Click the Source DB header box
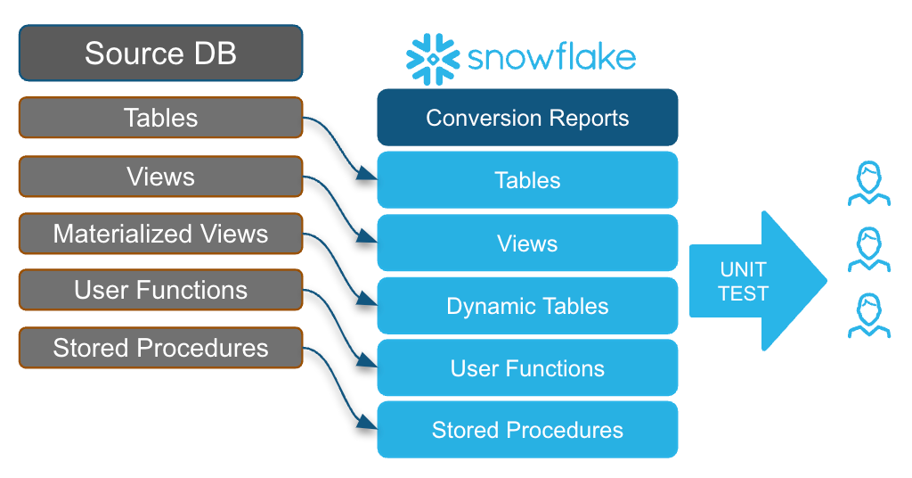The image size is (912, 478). pyautogui.click(x=160, y=53)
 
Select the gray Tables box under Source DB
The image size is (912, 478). pyautogui.click(x=160, y=118)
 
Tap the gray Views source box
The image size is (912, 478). pyautogui.click(x=160, y=176)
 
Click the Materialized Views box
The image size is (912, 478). pyautogui.click(x=160, y=234)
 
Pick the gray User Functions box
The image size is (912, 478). pyautogui.click(x=160, y=290)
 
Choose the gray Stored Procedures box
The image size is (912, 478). pyautogui.click(x=160, y=347)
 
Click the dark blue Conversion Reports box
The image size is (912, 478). pyautogui.click(x=527, y=118)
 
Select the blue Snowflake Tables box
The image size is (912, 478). pyautogui.click(x=527, y=180)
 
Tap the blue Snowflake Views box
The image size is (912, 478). pyautogui.click(x=527, y=243)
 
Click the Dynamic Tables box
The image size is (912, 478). pyautogui.click(x=527, y=306)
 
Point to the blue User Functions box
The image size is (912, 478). pyautogui.click(x=527, y=368)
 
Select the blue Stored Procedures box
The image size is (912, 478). pyautogui.click(x=527, y=430)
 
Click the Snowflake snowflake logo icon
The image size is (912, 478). pyautogui.click(x=432, y=59)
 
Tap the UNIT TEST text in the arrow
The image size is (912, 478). pyautogui.click(x=742, y=281)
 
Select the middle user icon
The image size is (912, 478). pyautogui.click(x=868, y=250)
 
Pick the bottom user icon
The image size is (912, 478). pyautogui.click(x=868, y=317)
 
